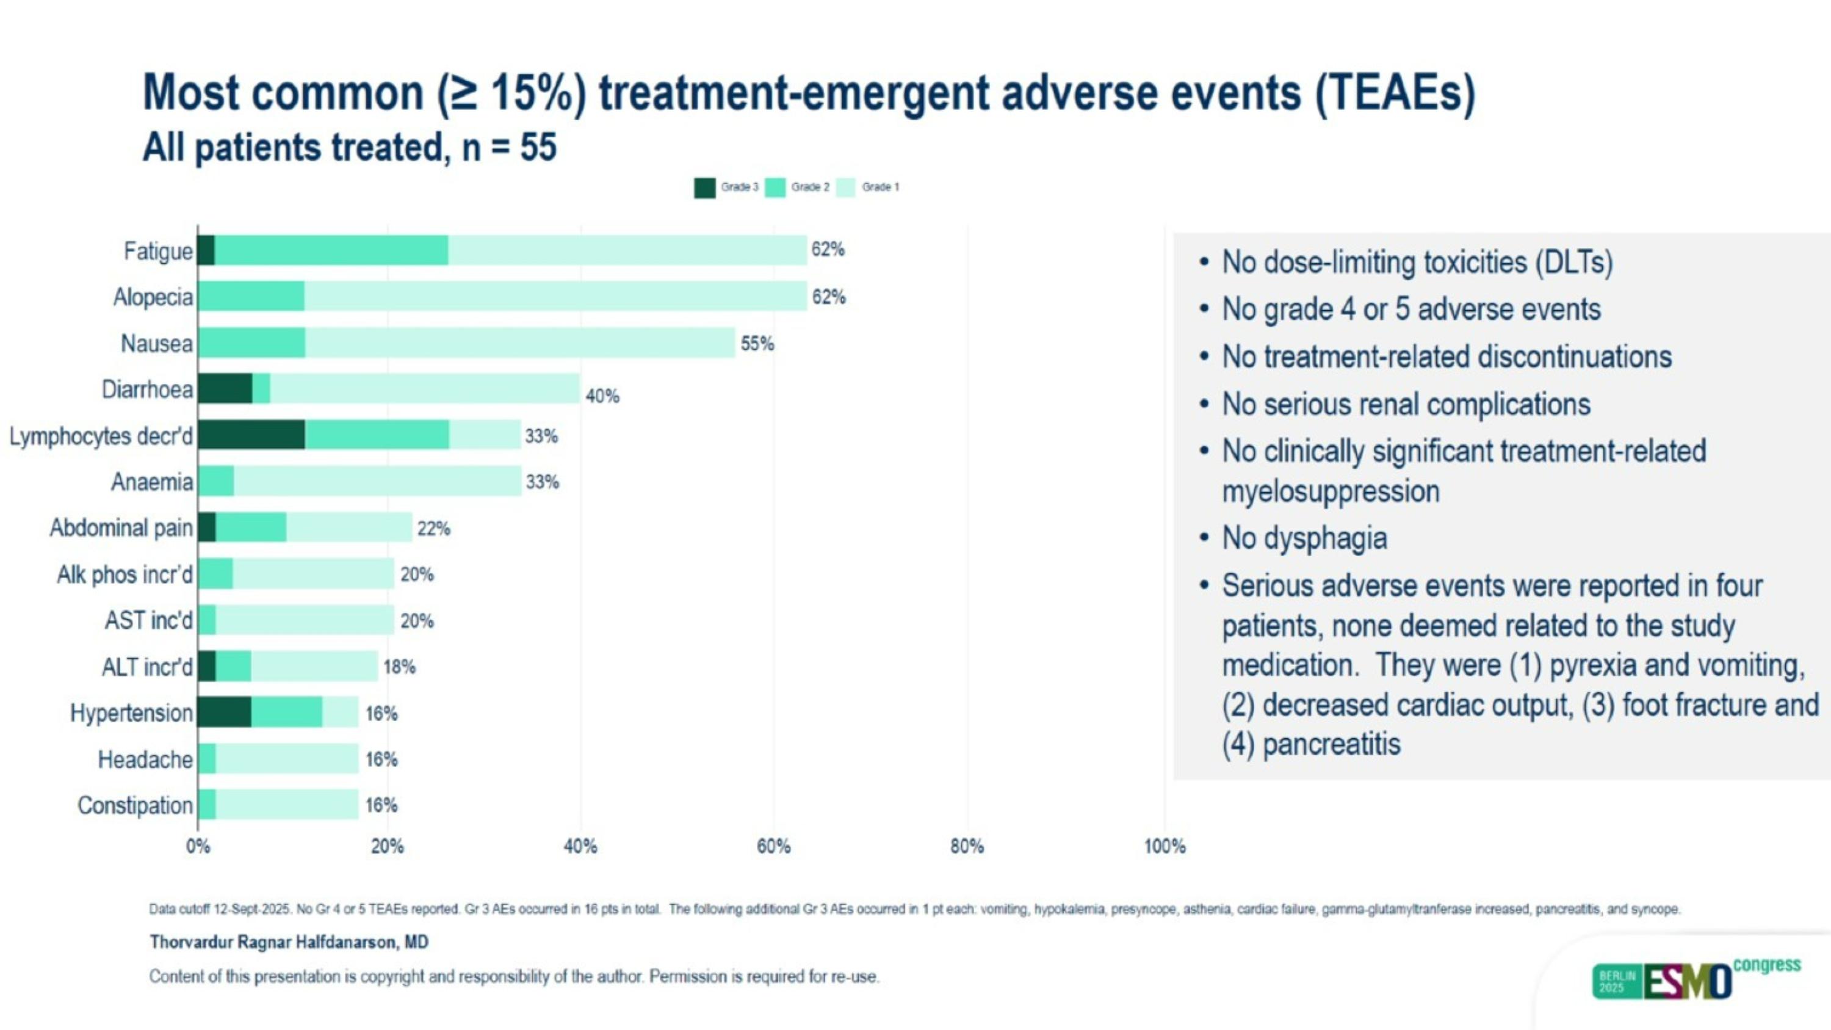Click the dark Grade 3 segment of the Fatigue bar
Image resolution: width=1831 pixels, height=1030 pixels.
206,250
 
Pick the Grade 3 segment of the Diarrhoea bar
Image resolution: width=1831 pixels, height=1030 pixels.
225,388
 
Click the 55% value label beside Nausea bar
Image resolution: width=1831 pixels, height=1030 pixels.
757,344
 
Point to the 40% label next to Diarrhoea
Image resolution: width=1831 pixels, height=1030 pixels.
602,396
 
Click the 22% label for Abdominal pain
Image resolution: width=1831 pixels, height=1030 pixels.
433,529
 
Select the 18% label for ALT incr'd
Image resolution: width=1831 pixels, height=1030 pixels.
400,667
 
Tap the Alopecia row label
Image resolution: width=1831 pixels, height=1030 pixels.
153,297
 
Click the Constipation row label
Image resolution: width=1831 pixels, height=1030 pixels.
135,805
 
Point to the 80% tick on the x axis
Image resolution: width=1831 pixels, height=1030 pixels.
967,847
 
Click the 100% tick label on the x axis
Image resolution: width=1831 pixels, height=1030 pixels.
1165,847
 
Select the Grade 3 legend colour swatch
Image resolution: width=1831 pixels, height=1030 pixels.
704,187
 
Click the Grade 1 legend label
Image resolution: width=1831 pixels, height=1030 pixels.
880,187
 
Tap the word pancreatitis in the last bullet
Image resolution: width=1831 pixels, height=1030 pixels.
1331,744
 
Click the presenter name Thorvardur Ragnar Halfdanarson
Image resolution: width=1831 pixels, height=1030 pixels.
289,942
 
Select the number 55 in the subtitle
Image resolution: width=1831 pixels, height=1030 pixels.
538,147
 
